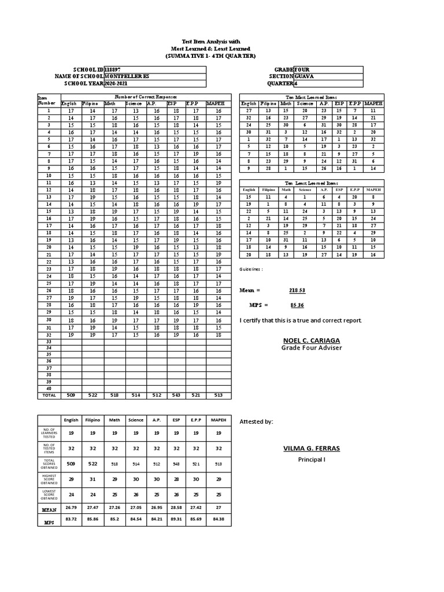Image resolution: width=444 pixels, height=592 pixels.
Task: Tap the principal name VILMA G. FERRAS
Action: coord(304,449)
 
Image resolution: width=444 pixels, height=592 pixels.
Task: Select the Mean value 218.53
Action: coord(297,290)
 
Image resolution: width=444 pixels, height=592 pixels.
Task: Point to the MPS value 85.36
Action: coord(297,305)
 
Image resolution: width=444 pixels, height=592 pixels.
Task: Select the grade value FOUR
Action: coord(302,69)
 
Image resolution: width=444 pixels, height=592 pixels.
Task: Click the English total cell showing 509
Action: coord(71,395)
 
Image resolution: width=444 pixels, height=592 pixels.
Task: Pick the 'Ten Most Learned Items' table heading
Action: coord(307,97)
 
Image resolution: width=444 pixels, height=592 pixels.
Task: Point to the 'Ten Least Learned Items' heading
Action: coord(307,183)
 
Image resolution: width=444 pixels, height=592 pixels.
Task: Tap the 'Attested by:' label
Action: coord(256,422)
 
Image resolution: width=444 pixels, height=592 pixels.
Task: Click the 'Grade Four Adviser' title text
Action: coord(304,347)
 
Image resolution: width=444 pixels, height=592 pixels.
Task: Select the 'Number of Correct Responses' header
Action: coord(145,97)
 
